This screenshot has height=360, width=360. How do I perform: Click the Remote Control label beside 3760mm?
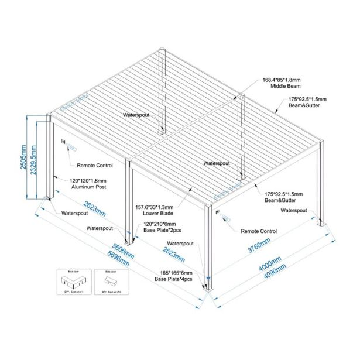pos(259,231)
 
